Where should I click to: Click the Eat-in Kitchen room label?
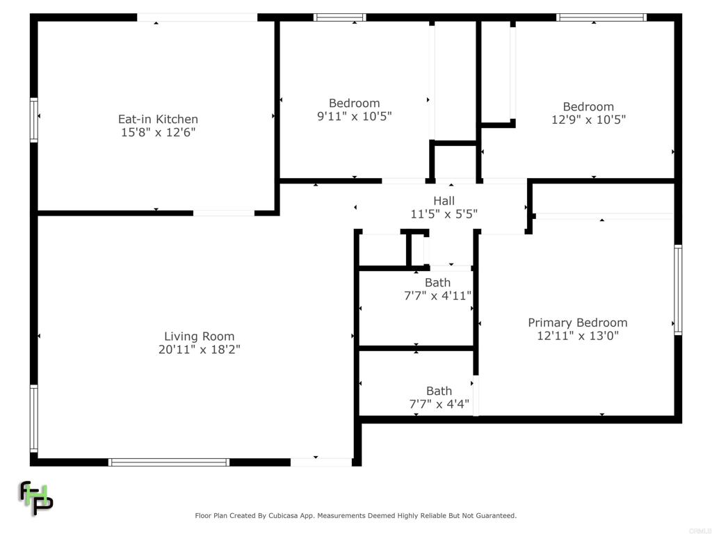(x=158, y=119)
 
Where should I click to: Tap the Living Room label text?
(x=200, y=337)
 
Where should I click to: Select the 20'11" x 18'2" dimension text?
(x=200, y=349)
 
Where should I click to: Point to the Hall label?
(x=444, y=201)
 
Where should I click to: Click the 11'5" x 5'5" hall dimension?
(x=444, y=213)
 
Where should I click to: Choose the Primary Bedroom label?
(x=578, y=323)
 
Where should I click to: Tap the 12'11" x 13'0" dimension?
(x=578, y=336)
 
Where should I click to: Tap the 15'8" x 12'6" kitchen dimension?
(x=158, y=132)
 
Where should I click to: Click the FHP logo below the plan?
(x=36, y=498)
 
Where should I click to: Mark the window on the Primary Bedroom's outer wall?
(x=678, y=290)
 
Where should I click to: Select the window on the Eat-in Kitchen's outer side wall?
(x=34, y=120)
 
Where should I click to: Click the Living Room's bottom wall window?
(x=169, y=462)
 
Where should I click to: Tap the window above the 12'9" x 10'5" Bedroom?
(x=601, y=17)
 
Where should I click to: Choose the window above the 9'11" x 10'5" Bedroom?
(x=339, y=17)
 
